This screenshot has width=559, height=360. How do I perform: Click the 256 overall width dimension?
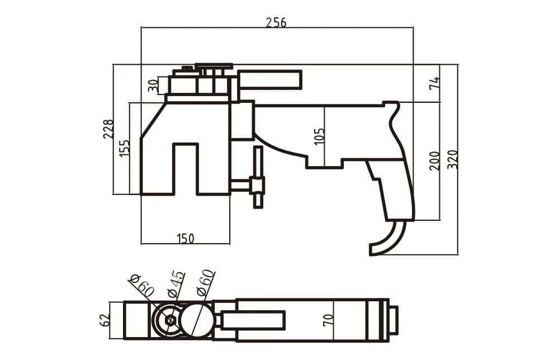click(x=276, y=22)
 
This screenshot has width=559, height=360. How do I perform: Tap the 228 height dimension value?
click(x=108, y=129)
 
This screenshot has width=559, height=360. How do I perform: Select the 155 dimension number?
click(x=125, y=148)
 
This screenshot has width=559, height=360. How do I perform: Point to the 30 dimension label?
click(x=153, y=86)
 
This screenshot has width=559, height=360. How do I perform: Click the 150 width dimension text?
click(x=186, y=238)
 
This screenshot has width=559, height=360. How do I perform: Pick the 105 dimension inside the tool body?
click(x=320, y=136)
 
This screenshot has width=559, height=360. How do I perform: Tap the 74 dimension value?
click(x=435, y=83)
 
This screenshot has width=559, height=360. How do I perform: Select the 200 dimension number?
click(x=434, y=161)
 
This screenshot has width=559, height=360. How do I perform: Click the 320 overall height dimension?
click(x=452, y=159)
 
